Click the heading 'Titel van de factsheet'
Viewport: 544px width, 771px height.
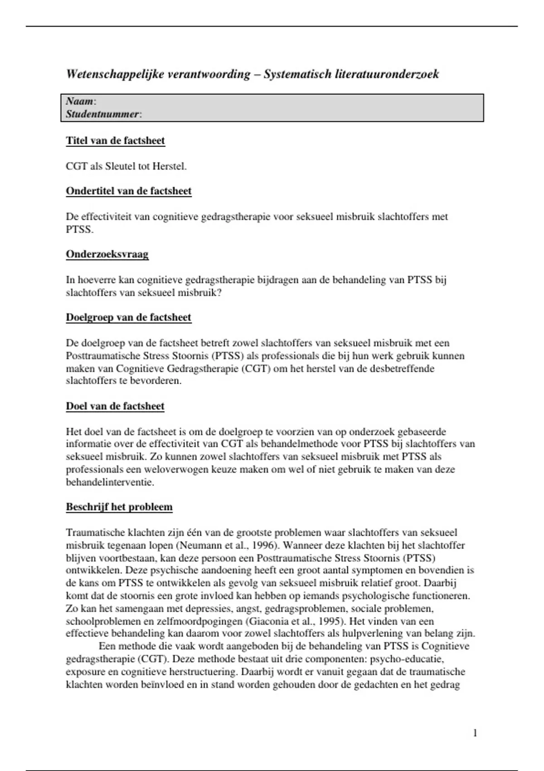point(115,141)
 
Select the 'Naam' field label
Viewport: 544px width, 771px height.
point(80,101)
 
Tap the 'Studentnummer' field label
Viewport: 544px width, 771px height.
point(102,114)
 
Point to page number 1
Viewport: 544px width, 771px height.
point(475,733)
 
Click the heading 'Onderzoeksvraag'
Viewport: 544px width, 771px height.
point(107,254)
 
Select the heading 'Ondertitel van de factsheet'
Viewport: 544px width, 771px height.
point(129,191)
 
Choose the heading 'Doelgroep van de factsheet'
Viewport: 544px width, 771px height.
point(129,317)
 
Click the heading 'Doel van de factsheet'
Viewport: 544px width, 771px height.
point(115,406)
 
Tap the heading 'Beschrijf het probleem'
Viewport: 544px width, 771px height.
point(119,507)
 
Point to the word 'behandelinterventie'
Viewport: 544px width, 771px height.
point(110,482)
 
